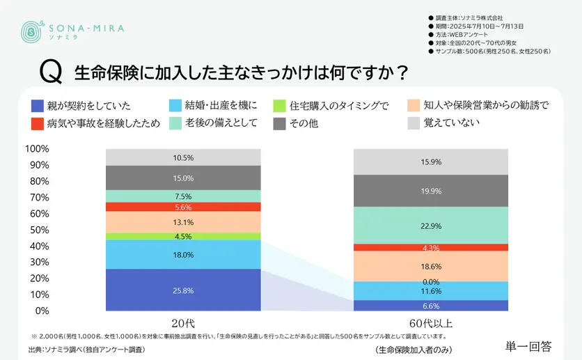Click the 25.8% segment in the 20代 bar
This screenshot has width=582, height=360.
point(184,289)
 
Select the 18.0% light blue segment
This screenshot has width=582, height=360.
point(184,255)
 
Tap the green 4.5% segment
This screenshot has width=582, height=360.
point(184,236)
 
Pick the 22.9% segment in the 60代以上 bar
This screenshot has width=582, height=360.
point(431,226)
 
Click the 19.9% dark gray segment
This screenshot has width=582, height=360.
point(431,191)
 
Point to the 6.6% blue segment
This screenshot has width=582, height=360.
point(431,306)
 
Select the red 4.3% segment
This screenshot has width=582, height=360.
point(431,248)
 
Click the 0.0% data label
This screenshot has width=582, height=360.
point(431,281)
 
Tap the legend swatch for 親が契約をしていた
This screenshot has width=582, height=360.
point(38,106)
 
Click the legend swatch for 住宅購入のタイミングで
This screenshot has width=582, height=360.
point(279,106)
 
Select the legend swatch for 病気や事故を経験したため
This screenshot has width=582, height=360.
point(38,124)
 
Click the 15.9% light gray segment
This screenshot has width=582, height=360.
point(431,162)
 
